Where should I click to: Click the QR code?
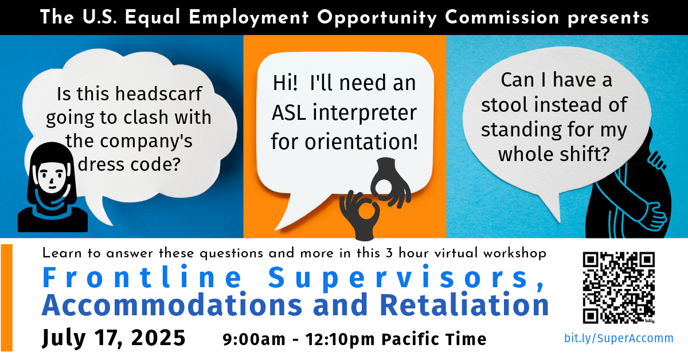619,287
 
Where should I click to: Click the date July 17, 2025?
114,338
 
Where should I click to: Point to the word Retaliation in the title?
465,306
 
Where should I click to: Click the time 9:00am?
254,339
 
